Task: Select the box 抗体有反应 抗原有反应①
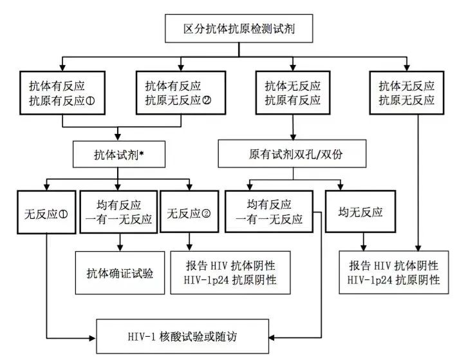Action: (62, 93)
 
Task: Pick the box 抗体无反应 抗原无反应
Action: (407, 93)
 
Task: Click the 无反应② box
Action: (189, 211)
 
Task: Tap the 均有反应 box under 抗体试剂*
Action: (119, 211)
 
